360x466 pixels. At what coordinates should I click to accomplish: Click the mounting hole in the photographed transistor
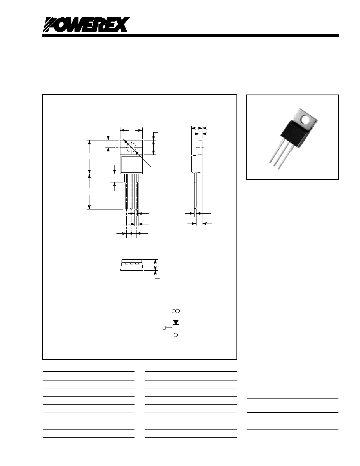pyautogui.click(x=305, y=120)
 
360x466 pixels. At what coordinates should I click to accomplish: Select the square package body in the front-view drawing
pyautogui.click(x=131, y=164)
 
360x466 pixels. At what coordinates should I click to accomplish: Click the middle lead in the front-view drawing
pyautogui.click(x=131, y=192)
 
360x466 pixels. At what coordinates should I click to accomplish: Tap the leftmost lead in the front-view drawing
pyautogui.click(x=126, y=192)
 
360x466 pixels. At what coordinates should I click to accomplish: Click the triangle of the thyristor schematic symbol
pyautogui.click(x=176, y=322)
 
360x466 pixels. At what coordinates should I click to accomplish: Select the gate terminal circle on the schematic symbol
pyautogui.click(x=164, y=328)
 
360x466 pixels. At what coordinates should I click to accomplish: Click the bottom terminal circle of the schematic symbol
pyautogui.click(x=176, y=335)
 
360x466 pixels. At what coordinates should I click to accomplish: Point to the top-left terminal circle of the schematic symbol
pyautogui.click(x=174, y=311)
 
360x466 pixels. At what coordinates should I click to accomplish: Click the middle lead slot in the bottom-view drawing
pyautogui.click(x=131, y=263)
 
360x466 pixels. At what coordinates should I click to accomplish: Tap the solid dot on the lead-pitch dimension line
pyautogui.click(x=131, y=234)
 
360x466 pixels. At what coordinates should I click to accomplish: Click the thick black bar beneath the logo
pyautogui.click(x=191, y=36)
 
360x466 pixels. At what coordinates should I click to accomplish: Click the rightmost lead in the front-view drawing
pyautogui.click(x=136, y=192)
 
